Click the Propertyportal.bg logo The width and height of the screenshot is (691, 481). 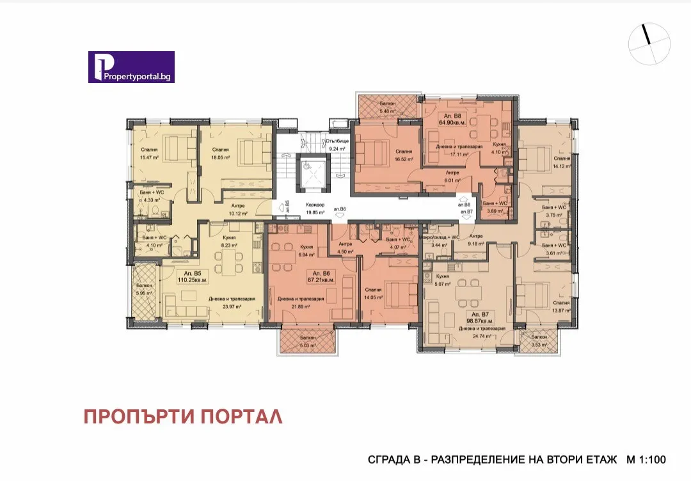[x=131, y=67]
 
